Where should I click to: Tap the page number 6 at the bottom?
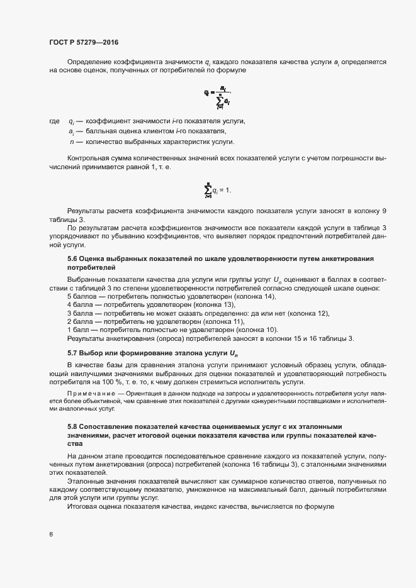pos(51,535)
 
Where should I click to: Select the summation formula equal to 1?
pos(218,189)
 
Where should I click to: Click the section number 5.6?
pos(72,258)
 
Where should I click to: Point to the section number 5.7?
pos(72,353)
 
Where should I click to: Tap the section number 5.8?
pos(72,426)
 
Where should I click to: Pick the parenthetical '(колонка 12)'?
pos(309,313)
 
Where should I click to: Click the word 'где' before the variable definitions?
pos(54,121)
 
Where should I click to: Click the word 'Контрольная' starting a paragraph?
pos(88,159)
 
